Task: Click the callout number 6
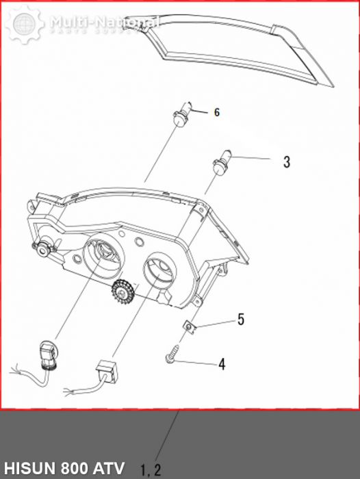coord(217,112)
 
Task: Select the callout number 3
coord(287,162)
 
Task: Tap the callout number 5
coord(240,319)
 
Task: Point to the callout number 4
coord(221,364)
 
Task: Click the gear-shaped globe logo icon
coord(25,25)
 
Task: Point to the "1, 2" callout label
coord(151,469)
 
